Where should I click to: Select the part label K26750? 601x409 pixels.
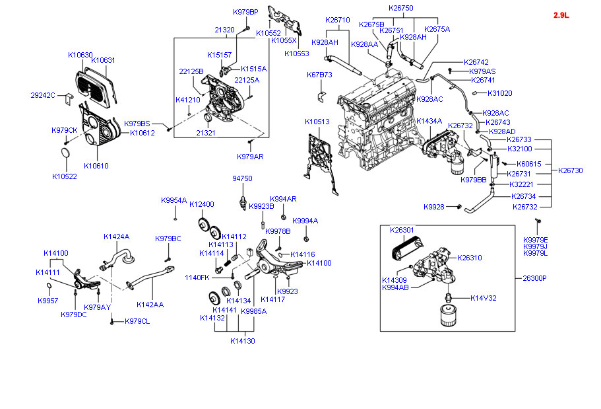pos(400,7)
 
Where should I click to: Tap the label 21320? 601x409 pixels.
pos(224,30)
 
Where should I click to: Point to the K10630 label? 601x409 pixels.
pos(80,55)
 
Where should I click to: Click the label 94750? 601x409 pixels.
pos(242,178)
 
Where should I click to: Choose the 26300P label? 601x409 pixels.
pos(535,278)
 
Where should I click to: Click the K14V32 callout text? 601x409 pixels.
pos(484,298)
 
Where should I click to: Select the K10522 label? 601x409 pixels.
pos(64,176)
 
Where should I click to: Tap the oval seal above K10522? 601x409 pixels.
pos(65,156)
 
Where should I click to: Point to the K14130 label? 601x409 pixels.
pos(242,341)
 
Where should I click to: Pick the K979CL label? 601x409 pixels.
pos(137,322)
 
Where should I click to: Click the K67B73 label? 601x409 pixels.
pos(319,75)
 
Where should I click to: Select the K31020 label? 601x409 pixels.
pos(501,93)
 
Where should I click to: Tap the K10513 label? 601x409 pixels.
pos(317,122)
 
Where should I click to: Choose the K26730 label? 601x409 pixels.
pos(570,170)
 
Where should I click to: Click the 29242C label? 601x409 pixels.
pos(43,95)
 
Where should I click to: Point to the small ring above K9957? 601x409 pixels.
pos(49,286)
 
